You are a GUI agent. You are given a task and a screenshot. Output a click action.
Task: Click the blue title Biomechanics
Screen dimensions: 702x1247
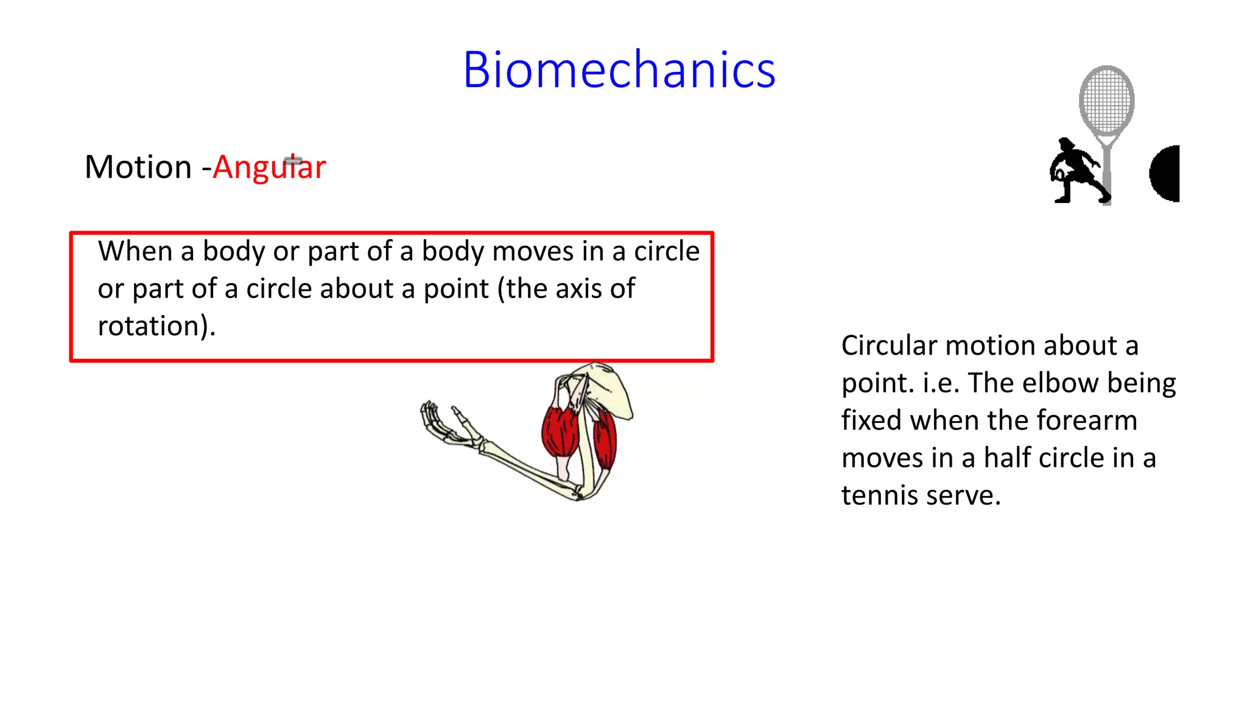click(x=619, y=70)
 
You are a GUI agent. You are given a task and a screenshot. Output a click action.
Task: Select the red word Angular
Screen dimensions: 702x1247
click(x=269, y=168)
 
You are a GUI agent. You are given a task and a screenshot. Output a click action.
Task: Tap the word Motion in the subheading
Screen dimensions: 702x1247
click(x=138, y=167)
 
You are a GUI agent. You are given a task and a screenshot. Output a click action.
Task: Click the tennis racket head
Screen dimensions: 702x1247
click(x=1106, y=101)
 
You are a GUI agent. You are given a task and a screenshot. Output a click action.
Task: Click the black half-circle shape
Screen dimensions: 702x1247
click(x=1166, y=174)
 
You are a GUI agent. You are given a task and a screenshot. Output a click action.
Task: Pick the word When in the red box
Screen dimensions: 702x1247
click(x=135, y=251)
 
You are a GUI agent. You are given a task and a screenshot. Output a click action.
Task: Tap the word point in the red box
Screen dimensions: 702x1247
click(x=455, y=289)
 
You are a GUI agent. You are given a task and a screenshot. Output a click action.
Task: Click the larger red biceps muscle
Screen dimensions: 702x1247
click(x=560, y=431)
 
